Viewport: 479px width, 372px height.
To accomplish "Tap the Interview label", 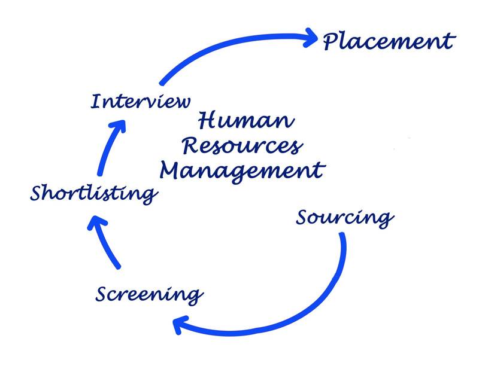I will pyautogui.click(x=141, y=100).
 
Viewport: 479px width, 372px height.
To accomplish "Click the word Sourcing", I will pyautogui.click(x=345, y=218).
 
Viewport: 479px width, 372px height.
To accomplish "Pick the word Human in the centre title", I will pyautogui.click(x=245, y=121).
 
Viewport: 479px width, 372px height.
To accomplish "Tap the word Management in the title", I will pyautogui.click(x=242, y=171).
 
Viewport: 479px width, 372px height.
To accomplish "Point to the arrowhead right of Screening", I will pyautogui.click(x=181, y=325).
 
